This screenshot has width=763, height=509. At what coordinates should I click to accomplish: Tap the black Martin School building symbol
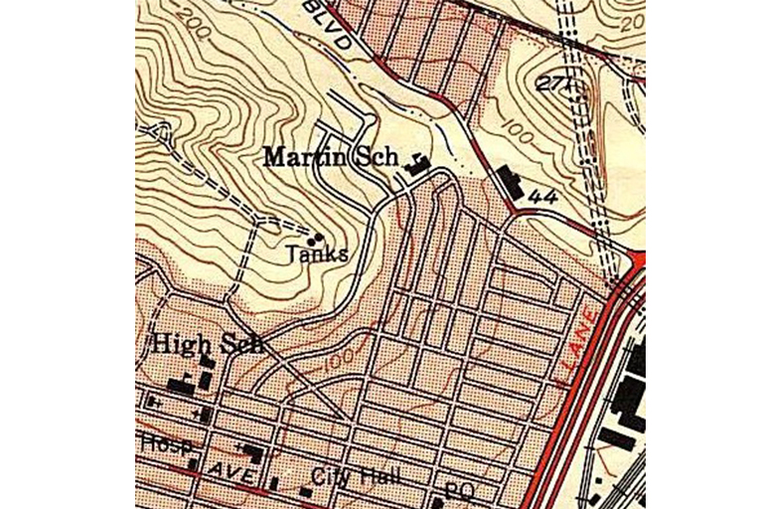click(418, 166)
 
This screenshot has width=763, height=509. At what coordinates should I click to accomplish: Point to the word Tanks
click(317, 254)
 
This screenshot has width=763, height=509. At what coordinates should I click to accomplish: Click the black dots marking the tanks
click(317, 238)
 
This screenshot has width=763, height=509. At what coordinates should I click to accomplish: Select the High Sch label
click(207, 344)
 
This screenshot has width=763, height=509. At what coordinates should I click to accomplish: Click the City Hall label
click(357, 476)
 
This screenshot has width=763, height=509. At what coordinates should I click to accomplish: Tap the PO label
click(457, 490)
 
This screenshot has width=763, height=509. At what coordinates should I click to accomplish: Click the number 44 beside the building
click(542, 198)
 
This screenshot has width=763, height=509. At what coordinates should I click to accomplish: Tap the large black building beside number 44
click(510, 185)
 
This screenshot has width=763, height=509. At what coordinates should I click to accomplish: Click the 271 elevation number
click(551, 84)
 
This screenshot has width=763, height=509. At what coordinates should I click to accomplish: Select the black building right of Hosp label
click(251, 453)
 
